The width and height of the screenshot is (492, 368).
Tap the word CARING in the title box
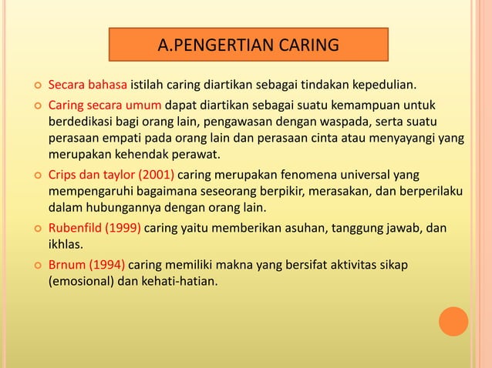(x=310, y=45)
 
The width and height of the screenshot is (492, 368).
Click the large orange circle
(x=453, y=322)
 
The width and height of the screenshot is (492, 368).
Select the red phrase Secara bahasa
(x=88, y=84)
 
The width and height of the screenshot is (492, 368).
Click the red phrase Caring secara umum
(x=105, y=105)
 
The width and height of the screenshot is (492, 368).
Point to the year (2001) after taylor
(x=157, y=174)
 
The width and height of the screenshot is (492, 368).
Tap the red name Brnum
(x=67, y=265)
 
